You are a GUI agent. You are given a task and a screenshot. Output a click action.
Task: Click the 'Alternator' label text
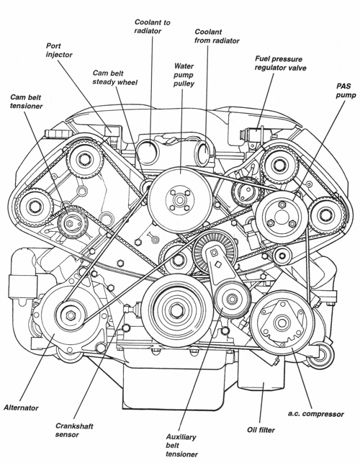[21, 408]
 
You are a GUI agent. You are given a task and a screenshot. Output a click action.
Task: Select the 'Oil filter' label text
[261, 430]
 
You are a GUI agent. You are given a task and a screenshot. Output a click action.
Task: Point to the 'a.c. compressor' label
[315, 414]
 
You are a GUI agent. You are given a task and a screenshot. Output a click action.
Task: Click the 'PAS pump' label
[346, 90]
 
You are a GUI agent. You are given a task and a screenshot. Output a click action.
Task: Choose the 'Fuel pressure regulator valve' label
[280, 63]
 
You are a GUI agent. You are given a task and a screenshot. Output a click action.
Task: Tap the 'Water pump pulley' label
[184, 75]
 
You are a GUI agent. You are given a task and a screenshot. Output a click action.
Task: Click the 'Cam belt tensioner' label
[27, 102]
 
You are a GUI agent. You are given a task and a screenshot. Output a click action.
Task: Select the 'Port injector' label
[59, 50]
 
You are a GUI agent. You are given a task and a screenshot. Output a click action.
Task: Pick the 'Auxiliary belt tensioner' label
[181, 445]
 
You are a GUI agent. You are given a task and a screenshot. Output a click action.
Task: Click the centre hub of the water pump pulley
[179, 200]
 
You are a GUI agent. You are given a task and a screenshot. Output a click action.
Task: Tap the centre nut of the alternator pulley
[71, 315]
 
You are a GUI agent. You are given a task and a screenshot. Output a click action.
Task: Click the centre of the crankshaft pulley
[177, 310]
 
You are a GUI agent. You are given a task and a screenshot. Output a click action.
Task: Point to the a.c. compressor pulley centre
[282, 323]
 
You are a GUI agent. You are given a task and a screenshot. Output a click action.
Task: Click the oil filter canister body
[261, 369]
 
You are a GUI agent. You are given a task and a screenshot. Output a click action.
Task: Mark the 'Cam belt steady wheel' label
[115, 77]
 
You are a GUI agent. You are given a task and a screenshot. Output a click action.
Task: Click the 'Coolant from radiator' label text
[217, 36]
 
